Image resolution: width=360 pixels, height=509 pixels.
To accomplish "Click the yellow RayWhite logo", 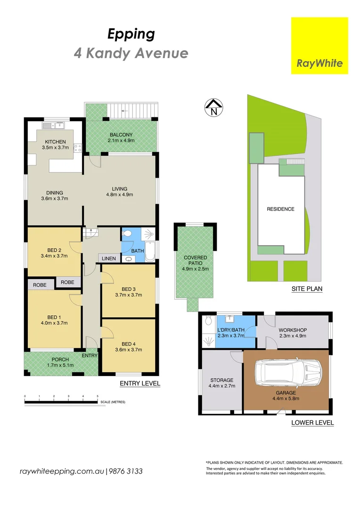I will point(319,46).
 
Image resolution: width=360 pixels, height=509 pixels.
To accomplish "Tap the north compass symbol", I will point(213,108).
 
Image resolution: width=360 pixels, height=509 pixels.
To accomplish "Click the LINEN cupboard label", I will point(109,258).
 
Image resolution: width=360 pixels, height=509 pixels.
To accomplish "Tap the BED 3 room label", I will point(129,289).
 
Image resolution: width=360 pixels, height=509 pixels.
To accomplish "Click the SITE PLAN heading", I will point(307,289).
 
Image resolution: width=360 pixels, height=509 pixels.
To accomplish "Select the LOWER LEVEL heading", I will point(312,423).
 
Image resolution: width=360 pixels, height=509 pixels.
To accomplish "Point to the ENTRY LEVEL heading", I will point(140,384).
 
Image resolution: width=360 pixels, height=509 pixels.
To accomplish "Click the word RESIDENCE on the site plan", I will point(280,209).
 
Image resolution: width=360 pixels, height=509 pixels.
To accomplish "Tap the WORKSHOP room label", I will point(293,330).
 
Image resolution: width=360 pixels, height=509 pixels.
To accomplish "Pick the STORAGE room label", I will point(221,380).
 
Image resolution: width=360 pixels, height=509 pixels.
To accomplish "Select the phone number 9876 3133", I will point(126,471).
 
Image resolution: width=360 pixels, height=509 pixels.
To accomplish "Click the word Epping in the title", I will point(131,34).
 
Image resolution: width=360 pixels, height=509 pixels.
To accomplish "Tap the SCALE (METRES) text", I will point(113,402).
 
